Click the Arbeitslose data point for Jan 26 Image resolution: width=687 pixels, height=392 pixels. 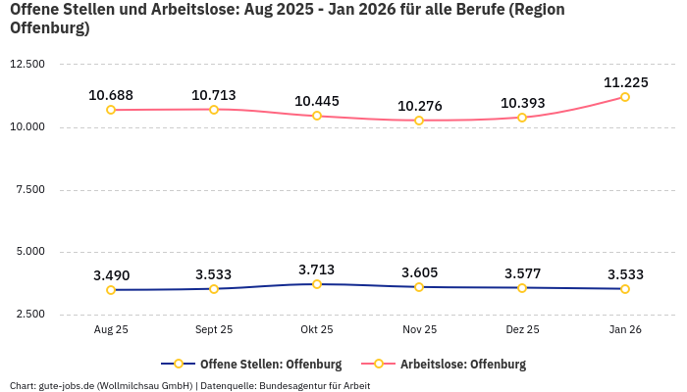coord(624,97)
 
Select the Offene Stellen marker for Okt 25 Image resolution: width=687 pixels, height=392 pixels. coord(317,284)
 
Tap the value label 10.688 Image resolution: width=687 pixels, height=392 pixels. coord(111,95)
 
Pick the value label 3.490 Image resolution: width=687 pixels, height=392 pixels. coord(111,275)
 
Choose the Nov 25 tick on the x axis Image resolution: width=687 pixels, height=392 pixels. coord(419,330)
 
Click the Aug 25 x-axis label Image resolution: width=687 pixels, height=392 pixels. coord(111,330)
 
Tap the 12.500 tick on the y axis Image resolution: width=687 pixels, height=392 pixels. coord(27,65)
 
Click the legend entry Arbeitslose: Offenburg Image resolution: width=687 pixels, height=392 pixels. coord(462,365)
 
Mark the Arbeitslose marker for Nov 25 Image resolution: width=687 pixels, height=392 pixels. coord(419,121)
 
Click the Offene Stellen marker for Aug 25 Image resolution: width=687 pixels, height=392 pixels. coord(111,290)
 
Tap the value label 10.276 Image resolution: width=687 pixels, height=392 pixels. coord(419,106)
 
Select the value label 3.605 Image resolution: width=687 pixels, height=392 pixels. coord(419,272)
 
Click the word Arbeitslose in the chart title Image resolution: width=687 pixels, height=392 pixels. coord(185,10)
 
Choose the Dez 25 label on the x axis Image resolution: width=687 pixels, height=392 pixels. coord(522,330)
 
